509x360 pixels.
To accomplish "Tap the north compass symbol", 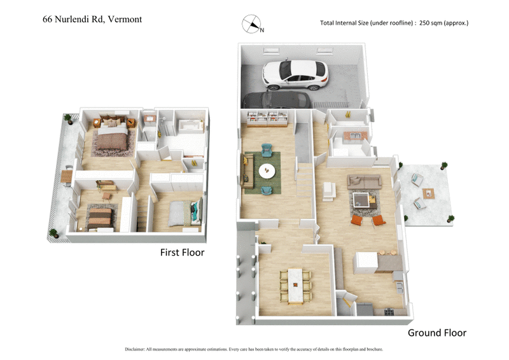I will tap(252, 25).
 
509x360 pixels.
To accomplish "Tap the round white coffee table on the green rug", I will tap(267, 170).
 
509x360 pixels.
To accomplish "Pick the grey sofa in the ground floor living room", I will tap(364, 181).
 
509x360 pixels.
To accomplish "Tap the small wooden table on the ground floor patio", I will tap(430, 193).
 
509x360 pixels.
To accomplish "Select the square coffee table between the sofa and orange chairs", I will tap(365, 201).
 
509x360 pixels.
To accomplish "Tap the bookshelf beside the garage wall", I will tap(268, 118).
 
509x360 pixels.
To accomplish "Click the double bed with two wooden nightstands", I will tap(112, 134).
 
